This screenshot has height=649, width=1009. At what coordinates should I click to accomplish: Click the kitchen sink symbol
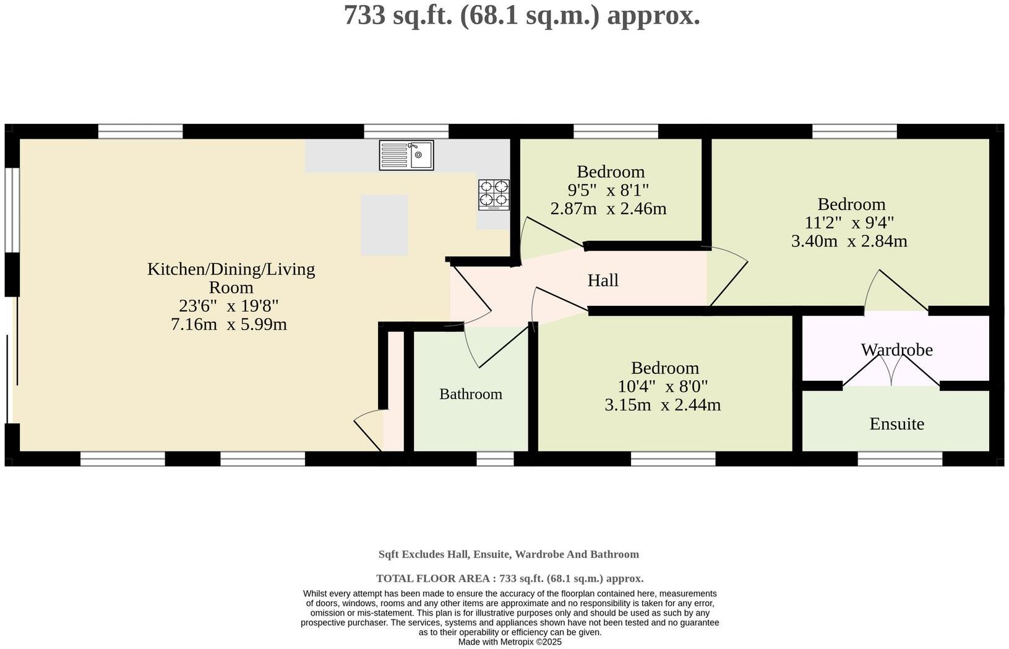click(406, 155)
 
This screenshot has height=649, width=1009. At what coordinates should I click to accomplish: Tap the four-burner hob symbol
click(494, 194)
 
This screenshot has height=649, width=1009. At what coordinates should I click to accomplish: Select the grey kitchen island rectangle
click(384, 225)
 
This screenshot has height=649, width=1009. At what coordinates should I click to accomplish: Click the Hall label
click(603, 281)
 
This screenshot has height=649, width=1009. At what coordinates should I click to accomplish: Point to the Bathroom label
click(470, 394)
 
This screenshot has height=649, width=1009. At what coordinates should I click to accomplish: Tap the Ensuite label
click(896, 424)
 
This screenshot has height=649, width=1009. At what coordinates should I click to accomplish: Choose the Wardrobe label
click(896, 350)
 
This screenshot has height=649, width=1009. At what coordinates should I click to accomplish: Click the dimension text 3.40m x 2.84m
click(849, 241)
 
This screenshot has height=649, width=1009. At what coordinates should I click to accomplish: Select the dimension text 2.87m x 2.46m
click(608, 208)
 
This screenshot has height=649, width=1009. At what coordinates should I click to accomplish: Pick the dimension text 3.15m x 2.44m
click(663, 405)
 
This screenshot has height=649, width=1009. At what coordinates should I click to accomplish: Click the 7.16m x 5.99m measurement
click(228, 324)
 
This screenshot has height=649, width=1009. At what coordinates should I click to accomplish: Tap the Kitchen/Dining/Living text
click(231, 269)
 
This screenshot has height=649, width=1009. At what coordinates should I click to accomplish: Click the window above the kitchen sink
click(406, 131)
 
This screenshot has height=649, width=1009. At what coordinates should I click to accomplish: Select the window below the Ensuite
click(900, 459)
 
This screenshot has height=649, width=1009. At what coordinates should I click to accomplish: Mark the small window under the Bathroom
click(495, 459)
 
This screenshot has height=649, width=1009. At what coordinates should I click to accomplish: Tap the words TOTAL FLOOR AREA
click(432, 578)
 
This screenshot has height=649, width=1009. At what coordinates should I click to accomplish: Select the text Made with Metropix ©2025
click(510, 642)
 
